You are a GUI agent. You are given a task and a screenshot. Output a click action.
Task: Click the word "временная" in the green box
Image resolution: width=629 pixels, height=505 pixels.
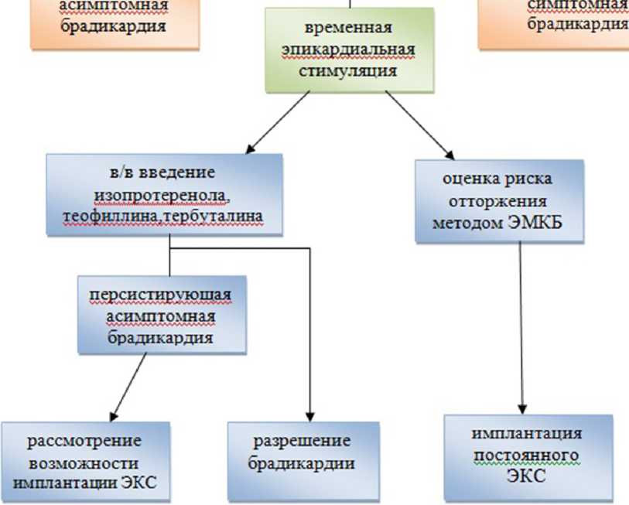point(348,29)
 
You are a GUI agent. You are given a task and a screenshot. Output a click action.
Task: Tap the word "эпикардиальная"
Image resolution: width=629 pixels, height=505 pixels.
point(347,50)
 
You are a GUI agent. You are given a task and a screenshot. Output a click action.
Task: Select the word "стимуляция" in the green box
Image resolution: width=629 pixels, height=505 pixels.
point(347,71)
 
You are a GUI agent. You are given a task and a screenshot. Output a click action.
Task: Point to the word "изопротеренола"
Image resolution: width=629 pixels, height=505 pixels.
point(159,193)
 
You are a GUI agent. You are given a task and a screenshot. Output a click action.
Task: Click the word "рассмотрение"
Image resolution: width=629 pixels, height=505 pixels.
point(84,442)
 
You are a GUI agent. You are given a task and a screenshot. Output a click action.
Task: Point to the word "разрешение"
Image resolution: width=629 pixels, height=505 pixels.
point(302,442)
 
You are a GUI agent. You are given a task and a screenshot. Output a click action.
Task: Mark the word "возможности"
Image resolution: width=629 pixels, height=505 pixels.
point(84,463)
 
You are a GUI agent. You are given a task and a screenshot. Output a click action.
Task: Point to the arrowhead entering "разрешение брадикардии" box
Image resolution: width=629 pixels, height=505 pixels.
point(309,413)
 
